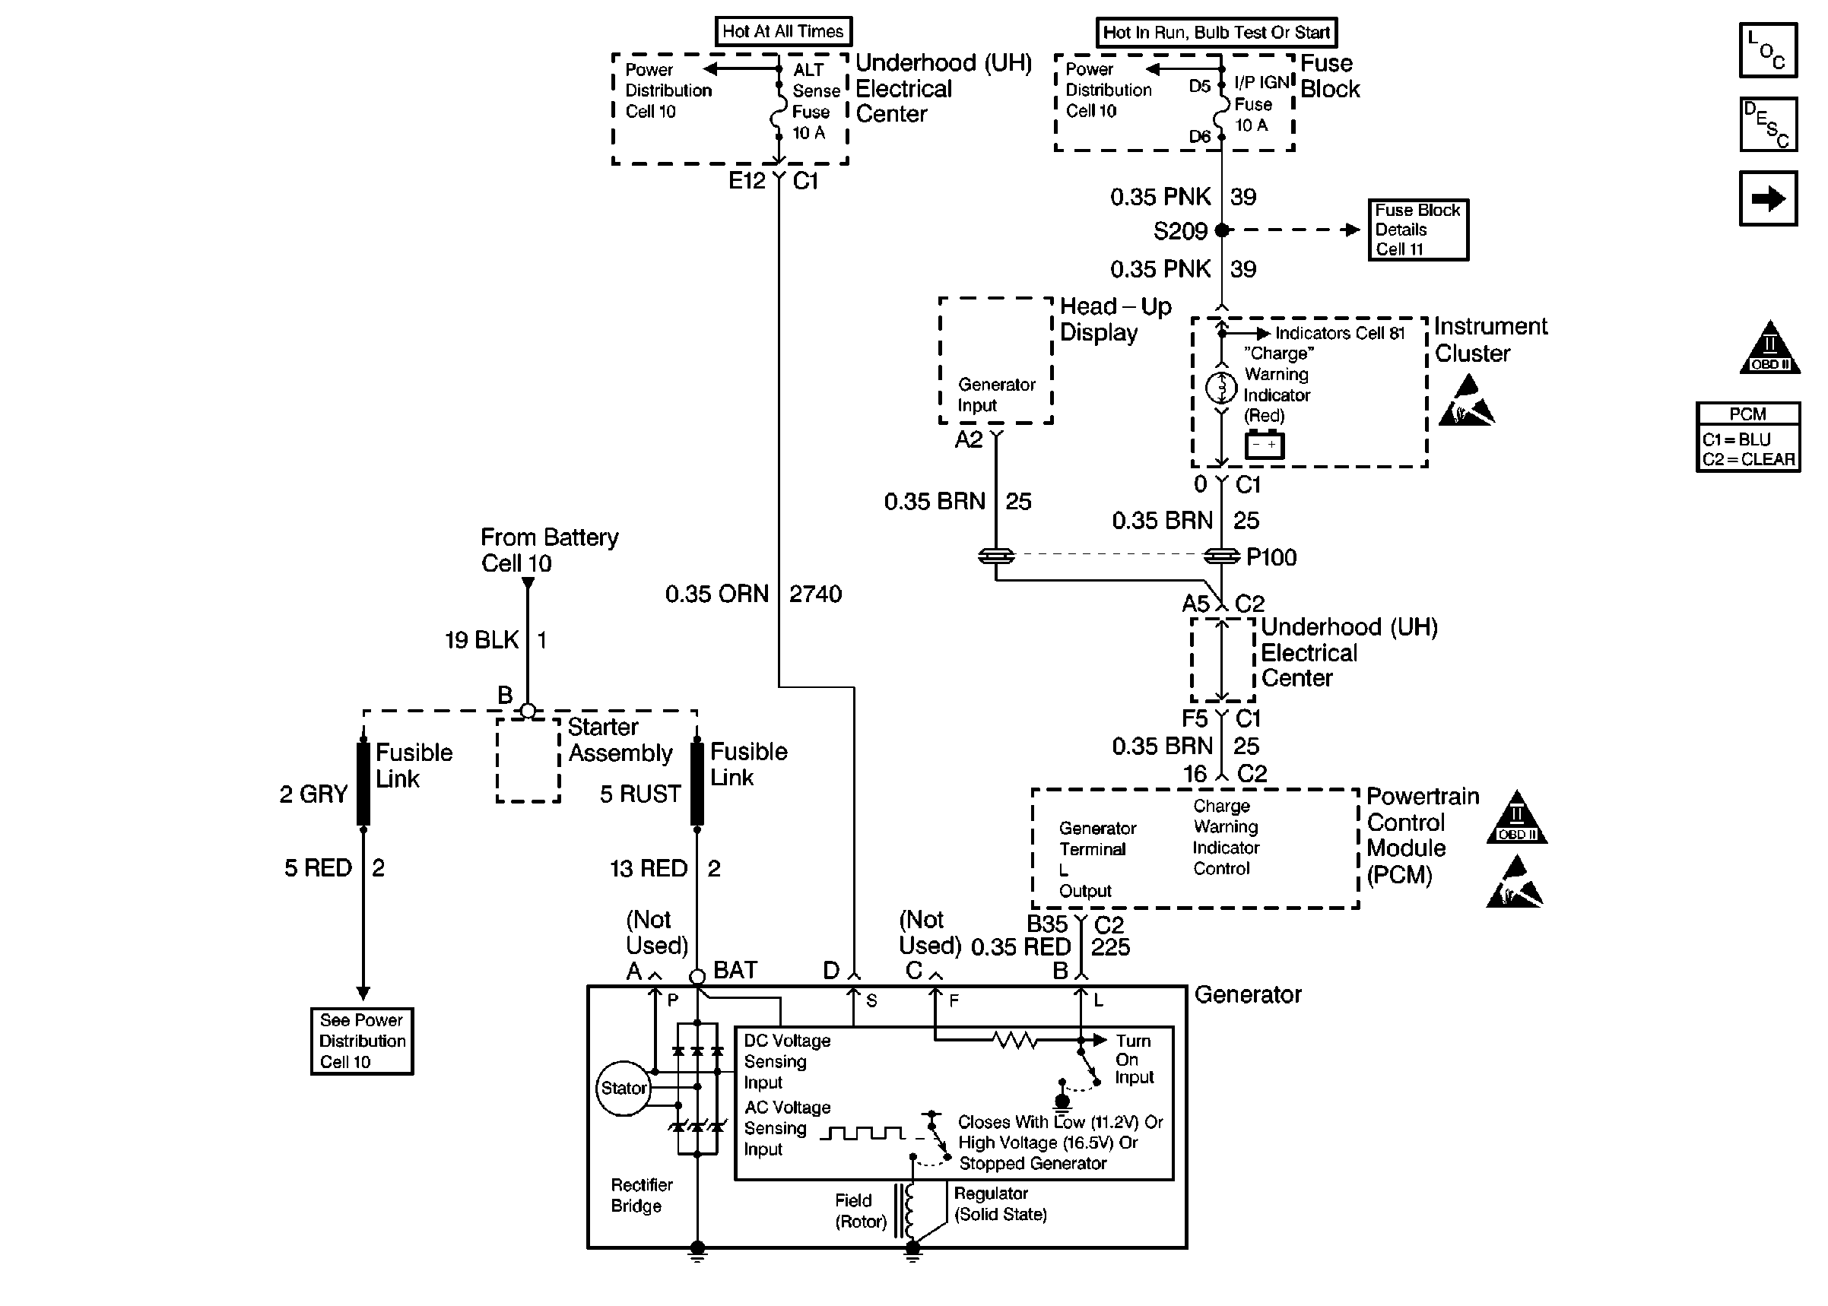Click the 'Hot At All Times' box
pos(782,31)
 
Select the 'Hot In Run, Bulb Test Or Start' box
pos(1216,33)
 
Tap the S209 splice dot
pos(1222,230)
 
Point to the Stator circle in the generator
pos(624,1088)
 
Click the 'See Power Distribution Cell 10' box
pos(362,1041)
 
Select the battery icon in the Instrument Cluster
pos(1265,445)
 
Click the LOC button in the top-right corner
pos(1767,50)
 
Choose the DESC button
pos(1768,125)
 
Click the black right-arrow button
pos(1768,198)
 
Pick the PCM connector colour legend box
pos(1747,437)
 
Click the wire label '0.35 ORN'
pos(716,594)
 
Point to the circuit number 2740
pos(815,594)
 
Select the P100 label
pos(1271,557)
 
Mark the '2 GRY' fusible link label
pos(313,794)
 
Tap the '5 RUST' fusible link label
pos(640,794)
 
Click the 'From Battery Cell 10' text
pos(549,550)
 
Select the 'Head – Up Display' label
pos(1115,319)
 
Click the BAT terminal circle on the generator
pos(697,976)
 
